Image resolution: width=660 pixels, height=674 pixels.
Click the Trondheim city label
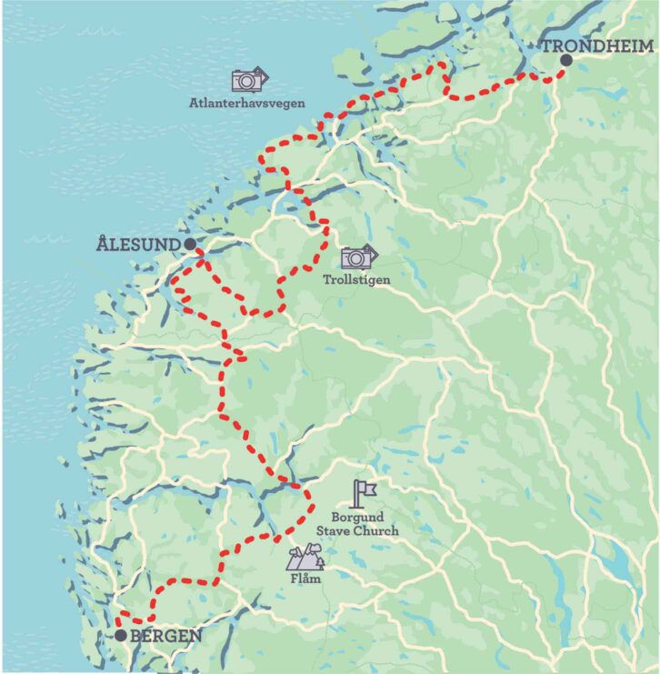pos(599,45)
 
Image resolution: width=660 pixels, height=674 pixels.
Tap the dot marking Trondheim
pos(565,60)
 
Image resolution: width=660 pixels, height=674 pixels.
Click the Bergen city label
pos(165,635)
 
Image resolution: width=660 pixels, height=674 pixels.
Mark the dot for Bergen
pos(121,635)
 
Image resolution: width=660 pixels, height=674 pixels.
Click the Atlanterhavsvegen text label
pos(247,104)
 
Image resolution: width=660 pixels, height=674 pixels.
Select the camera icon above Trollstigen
pos(358,257)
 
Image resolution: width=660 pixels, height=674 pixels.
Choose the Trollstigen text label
pos(356,280)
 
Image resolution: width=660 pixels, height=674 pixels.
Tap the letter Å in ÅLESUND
pos(102,243)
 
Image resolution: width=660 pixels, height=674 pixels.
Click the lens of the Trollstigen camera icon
pos(355,259)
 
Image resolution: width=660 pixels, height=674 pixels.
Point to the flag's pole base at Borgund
pos(359,506)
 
